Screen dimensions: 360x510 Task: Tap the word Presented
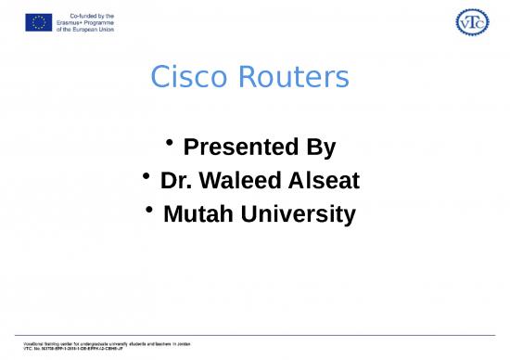click(229, 148)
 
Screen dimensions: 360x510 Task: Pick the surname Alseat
click(320, 181)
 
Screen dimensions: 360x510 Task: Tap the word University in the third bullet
click(298, 215)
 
